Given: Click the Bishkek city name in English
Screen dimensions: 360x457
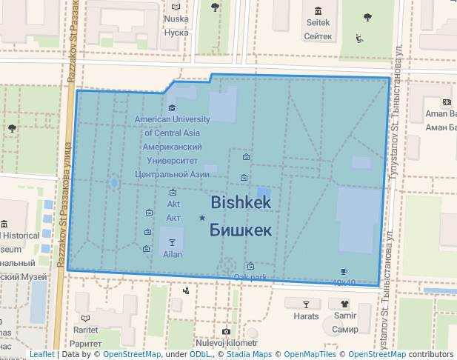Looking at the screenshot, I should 241,201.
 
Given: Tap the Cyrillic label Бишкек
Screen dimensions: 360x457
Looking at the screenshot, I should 241,230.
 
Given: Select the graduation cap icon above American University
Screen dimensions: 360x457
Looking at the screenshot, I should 172,108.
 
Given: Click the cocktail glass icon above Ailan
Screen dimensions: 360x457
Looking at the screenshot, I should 172,242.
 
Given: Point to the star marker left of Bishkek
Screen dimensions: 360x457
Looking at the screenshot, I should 201,218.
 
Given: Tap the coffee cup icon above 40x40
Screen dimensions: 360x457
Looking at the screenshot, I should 344,272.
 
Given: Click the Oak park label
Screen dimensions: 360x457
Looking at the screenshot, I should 250,278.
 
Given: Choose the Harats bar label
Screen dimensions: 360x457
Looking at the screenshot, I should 306,316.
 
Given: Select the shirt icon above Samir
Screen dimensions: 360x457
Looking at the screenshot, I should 344,304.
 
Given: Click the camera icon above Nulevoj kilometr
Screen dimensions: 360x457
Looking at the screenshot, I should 226,332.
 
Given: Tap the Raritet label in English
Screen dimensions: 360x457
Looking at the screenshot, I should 85,330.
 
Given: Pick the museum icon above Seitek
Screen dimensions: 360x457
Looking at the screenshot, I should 318,11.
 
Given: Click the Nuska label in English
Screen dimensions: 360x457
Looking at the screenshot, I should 176,19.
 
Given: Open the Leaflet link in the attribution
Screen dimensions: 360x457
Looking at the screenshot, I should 41,355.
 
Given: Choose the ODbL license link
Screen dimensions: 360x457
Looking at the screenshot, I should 200,355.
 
